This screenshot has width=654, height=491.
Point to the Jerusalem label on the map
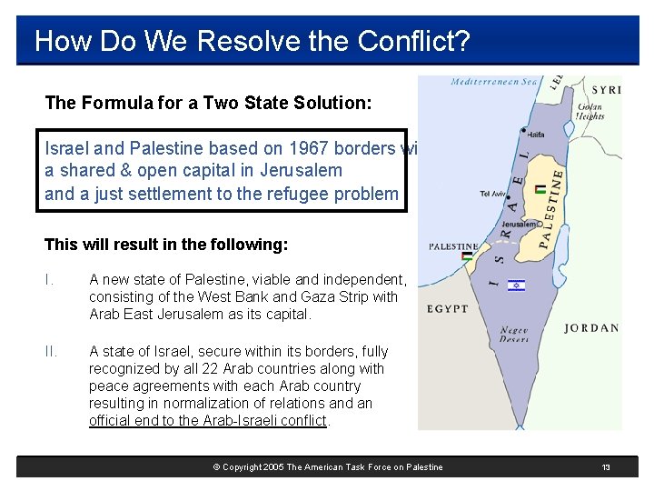pos(520,224)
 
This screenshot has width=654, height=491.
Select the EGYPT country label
pos(449,309)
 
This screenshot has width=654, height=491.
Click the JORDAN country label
pos(591,328)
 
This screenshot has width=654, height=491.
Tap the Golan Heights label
pos(590,111)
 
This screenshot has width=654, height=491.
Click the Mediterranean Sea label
pos(494,82)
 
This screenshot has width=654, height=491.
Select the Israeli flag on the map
pos(516,285)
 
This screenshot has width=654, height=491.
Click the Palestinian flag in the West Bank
pos(541,189)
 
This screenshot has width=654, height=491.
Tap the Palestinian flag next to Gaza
pos(467,256)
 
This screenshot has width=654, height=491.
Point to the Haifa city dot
pos(523,129)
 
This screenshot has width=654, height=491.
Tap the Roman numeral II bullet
pos(51,351)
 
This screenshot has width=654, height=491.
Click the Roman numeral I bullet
pos(48,280)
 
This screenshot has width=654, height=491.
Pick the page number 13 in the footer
pos(606,467)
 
